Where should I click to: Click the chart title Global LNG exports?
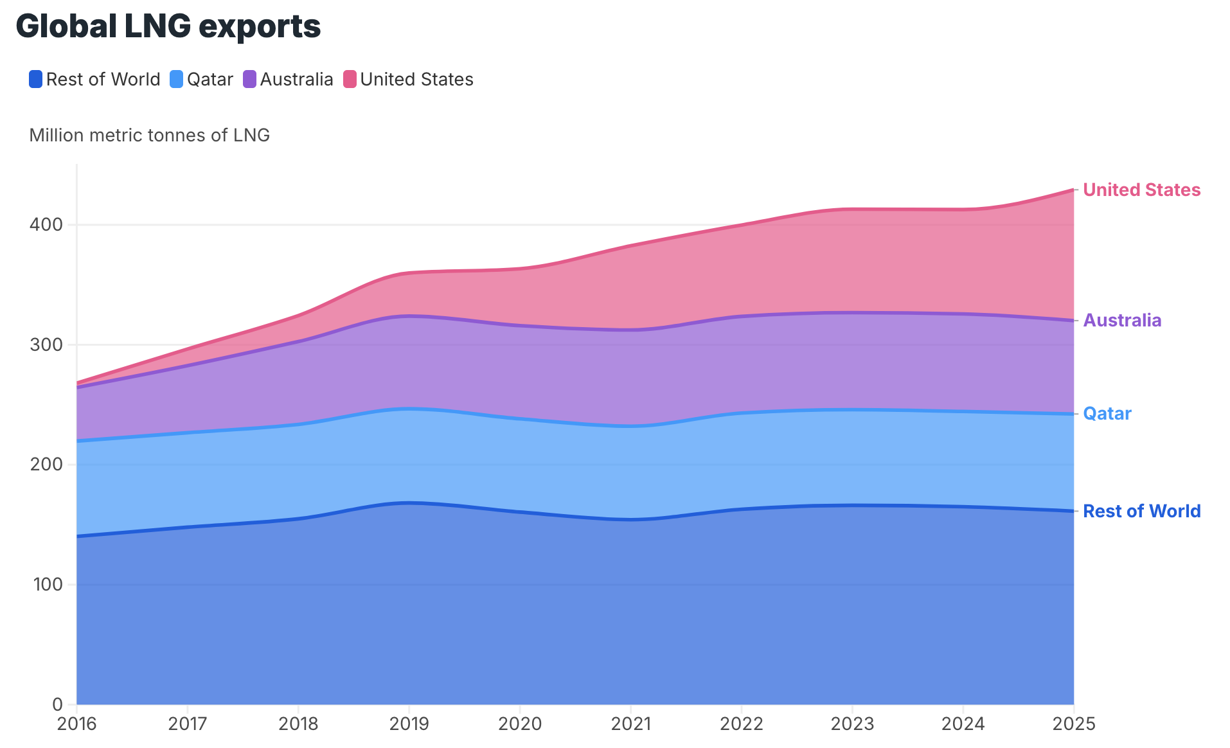tap(168, 27)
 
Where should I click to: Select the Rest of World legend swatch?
tap(36, 80)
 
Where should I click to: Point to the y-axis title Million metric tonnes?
tap(149, 135)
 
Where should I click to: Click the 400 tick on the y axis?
tap(46, 225)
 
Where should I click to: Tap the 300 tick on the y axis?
tap(46, 345)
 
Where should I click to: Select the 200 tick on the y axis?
tap(46, 465)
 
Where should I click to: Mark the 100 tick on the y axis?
tap(46, 585)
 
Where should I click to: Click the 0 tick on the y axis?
tap(57, 704)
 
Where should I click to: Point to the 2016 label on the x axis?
tap(76, 724)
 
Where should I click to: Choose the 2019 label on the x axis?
tap(409, 724)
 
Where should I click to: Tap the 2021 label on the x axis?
tap(630, 724)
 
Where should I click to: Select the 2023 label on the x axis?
tap(852, 724)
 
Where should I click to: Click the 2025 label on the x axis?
tap(1074, 724)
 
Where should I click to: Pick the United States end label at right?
tap(1141, 190)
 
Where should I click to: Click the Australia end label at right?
tap(1122, 321)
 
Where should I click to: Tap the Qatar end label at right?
tap(1107, 414)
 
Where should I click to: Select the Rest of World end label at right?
tap(1141, 512)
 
